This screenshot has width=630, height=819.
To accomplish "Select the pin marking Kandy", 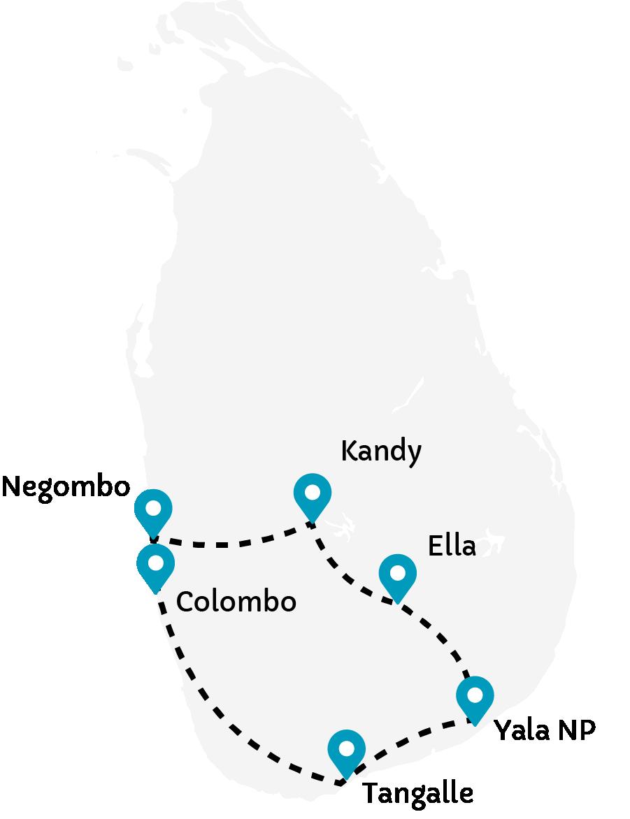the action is point(312,493).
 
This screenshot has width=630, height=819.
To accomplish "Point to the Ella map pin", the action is point(397,574).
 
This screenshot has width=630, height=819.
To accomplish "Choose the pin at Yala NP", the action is point(475,697).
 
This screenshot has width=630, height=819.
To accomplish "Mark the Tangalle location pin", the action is point(347,750).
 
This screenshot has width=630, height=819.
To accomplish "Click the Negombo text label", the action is point(66,487).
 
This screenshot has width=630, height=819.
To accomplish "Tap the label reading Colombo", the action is point(236,602).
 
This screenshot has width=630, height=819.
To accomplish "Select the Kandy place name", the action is point(381,452).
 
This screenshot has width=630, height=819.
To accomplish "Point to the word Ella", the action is point(451,546).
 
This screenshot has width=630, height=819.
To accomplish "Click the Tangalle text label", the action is point(417,795).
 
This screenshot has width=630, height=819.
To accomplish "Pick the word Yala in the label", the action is point(519,731).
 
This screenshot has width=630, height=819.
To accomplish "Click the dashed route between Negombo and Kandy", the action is point(231,542).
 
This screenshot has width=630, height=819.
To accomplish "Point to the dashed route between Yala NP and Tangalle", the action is point(413,737).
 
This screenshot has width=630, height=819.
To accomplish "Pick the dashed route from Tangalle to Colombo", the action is point(224,720).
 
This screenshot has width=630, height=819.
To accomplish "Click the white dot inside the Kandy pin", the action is point(312,491).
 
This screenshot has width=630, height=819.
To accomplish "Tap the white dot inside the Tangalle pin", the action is point(347,748).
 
